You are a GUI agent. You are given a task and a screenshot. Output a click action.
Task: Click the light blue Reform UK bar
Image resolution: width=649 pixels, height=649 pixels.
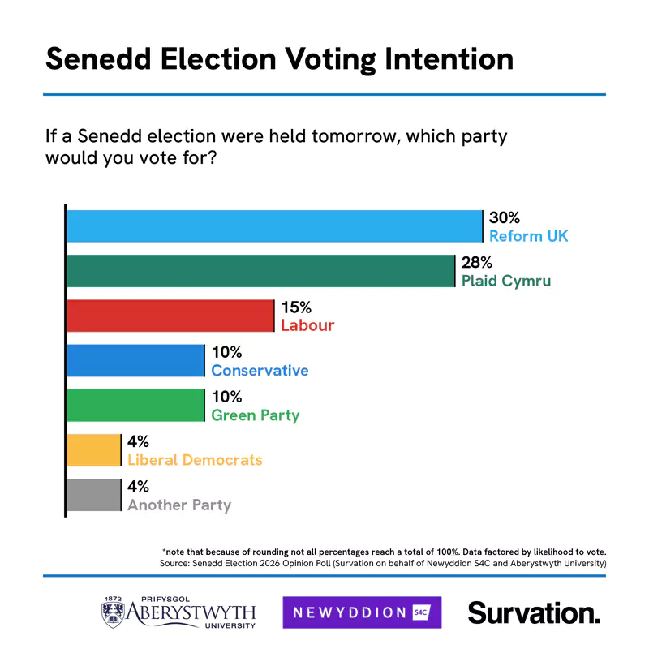point(274,226)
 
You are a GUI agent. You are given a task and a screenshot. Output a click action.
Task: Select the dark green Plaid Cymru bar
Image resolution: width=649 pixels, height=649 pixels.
point(260,271)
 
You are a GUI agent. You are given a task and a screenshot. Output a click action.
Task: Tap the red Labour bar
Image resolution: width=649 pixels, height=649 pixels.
point(170,316)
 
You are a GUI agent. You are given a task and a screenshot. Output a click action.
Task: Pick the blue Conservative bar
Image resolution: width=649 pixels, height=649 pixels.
point(135,360)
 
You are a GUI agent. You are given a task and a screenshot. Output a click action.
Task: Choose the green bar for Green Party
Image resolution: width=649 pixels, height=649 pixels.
point(135,406)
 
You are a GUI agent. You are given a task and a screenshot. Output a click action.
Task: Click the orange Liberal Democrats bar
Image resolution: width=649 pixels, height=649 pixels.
point(93,450)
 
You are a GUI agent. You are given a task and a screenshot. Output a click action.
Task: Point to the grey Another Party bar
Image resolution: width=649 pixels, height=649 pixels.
point(93,495)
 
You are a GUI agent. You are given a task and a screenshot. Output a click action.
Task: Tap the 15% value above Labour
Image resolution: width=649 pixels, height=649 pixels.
point(296,307)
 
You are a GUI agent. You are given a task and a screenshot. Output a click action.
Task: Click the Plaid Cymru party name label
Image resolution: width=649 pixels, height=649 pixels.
point(505,282)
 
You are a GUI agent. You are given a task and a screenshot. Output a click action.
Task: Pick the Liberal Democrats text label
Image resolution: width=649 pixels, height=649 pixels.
point(195,460)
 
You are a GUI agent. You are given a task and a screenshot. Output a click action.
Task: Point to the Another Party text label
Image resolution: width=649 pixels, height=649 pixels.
point(179,505)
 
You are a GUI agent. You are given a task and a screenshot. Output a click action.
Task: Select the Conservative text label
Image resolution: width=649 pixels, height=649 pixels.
point(260,371)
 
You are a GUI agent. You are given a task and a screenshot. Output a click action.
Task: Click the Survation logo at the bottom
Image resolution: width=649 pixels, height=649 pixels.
point(534,612)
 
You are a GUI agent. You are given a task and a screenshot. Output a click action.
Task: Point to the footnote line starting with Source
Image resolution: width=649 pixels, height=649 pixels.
point(382,562)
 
